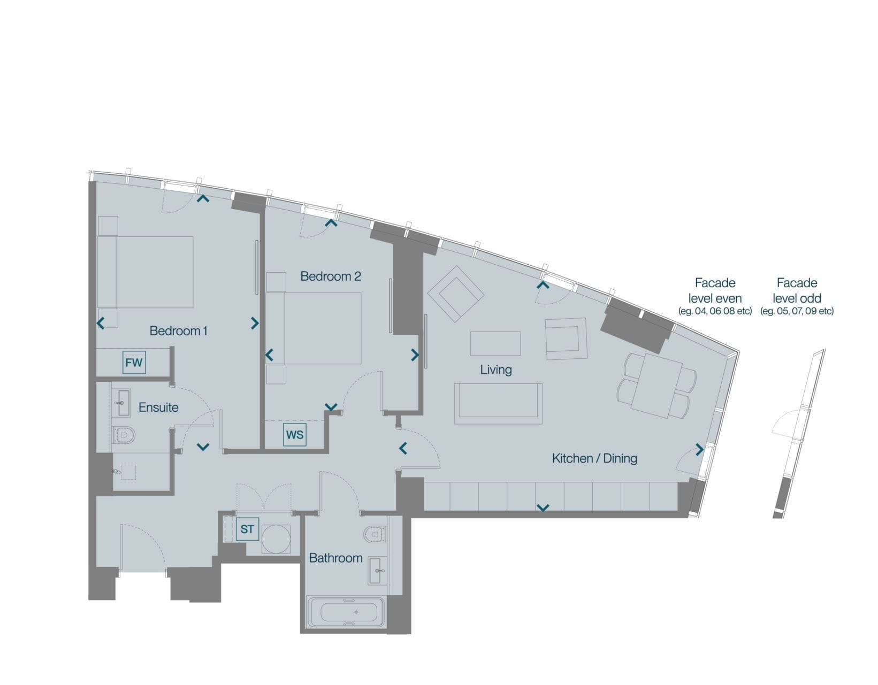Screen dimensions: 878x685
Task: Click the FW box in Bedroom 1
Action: (x=134, y=363)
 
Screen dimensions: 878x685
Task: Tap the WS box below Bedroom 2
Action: (x=295, y=435)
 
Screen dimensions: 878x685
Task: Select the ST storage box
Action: (x=247, y=529)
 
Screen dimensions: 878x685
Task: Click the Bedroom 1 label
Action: (x=178, y=331)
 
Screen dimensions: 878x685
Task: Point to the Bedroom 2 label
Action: (x=331, y=276)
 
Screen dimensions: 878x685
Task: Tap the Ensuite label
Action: (x=158, y=407)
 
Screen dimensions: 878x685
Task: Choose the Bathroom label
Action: (x=336, y=558)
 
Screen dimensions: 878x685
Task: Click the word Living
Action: (x=496, y=370)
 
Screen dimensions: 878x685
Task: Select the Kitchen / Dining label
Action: (x=594, y=459)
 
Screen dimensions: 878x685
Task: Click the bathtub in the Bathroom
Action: (x=346, y=612)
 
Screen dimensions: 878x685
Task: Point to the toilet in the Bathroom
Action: (x=375, y=534)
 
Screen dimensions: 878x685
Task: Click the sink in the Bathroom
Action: (x=377, y=571)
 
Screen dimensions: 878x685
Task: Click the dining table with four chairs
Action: (x=656, y=386)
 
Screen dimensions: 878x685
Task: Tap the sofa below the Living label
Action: (x=498, y=404)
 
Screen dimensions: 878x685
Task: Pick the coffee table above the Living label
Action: (x=495, y=343)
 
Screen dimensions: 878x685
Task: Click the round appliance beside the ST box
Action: (x=276, y=539)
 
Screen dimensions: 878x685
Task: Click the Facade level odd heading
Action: (x=797, y=291)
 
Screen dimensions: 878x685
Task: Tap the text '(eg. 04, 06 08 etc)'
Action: (x=715, y=311)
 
